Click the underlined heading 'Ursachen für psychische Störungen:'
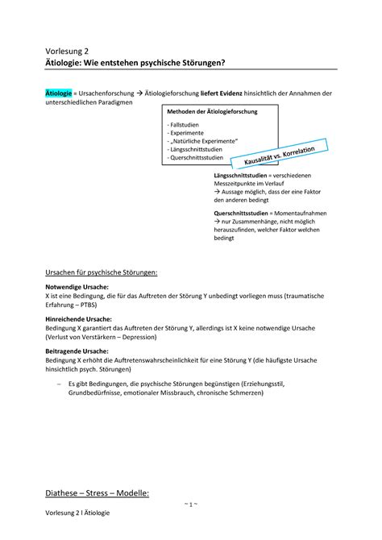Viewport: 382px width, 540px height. tap(101, 272)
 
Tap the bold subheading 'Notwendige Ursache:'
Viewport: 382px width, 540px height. tap(78, 288)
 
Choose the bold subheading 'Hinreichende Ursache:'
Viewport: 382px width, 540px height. tap(81, 319)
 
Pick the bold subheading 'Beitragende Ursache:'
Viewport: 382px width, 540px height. tap(78, 351)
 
